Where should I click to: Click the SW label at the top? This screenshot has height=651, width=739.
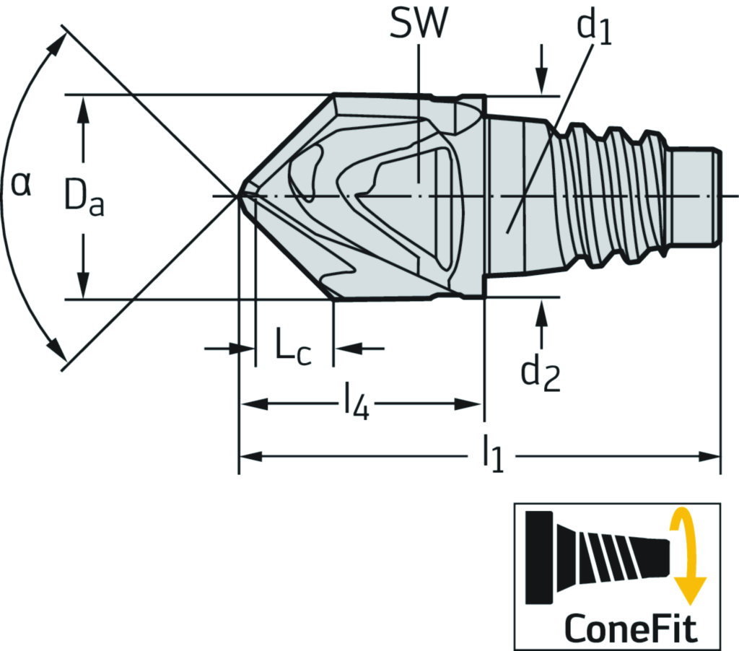pyautogui.click(x=418, y=23)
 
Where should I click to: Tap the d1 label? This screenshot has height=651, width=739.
pyautogui.click(x=594, y=28)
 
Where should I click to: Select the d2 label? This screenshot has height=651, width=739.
pyautogui.click(x=541, y=373)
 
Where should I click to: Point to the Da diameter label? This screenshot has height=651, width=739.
pyautogui.click(x=84, y=198)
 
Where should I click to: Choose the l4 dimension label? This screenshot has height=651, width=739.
pyautogui.click(x=357, y=403)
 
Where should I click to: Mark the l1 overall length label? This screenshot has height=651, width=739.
pyautogui.click(x=493, y=456)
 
